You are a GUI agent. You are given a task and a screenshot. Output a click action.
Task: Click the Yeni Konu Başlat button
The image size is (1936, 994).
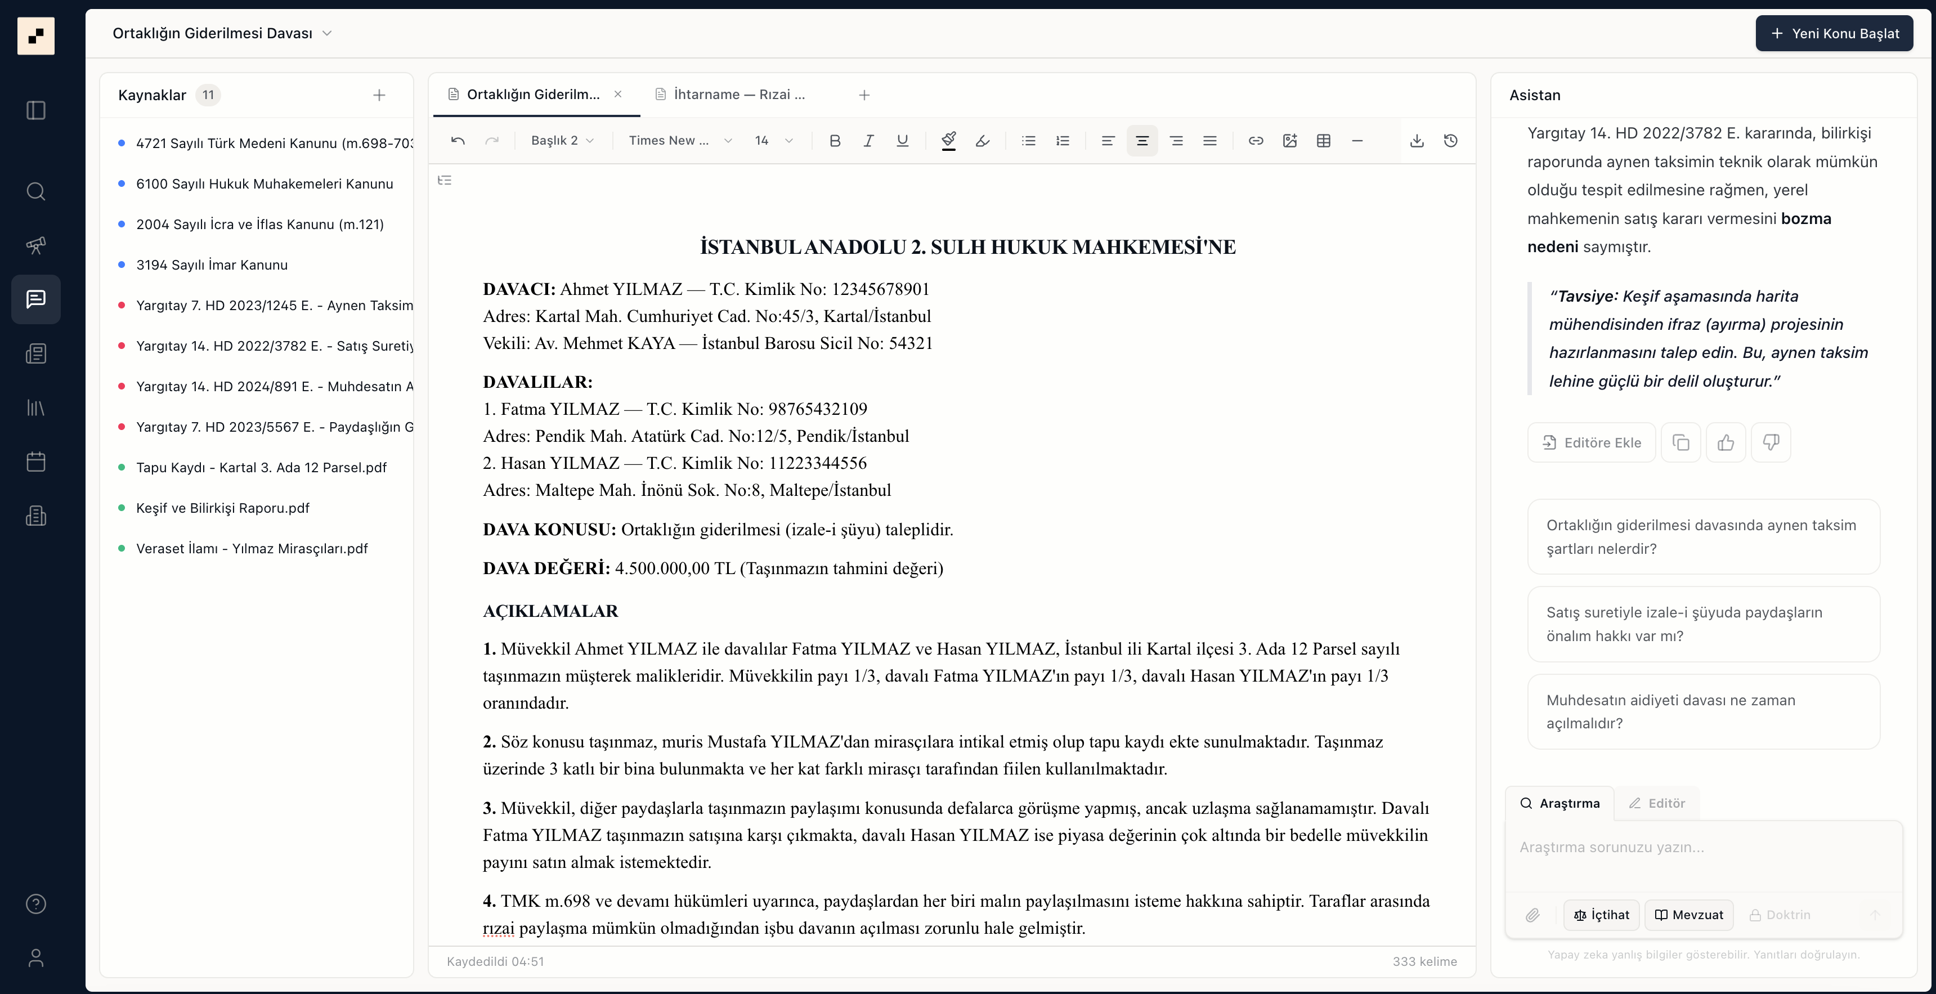pyautogui.click(x=1834, y=33)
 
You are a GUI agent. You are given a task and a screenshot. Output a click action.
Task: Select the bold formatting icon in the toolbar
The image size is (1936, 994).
pyautogui.click(x=834, y=141)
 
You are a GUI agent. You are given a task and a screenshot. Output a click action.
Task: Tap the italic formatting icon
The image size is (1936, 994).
pyautogui.click(x=868, y=141)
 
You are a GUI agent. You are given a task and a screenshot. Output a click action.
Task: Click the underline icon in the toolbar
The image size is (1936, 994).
pyautogui.click(x=902, y=141)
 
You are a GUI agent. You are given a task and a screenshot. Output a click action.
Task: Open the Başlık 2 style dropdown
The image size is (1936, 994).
pyautogui.click(x=562, y=141)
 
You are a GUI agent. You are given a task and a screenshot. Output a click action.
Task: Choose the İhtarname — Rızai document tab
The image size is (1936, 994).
pyautogui.click(x=739, y=95)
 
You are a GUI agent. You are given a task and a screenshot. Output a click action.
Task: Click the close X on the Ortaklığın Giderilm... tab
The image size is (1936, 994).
pyautogui.click(x=618, y=94)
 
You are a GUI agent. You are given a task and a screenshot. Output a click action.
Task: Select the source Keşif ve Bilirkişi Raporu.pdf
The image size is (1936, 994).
pyautogui.click(x=222, y=508)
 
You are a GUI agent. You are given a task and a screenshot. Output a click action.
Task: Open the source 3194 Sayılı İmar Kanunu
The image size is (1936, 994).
pyautogui.click(x=212, y=265)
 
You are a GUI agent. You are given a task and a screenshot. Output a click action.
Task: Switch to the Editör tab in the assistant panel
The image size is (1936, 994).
pyautogui.click(x=1657, y=803)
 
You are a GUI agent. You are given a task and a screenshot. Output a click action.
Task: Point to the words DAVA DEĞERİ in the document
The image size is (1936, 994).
pyautogui.click(x=546, y=568)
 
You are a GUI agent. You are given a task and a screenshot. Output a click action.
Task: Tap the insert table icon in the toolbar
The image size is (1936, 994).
pyautogui.click(x=1324, y=141)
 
